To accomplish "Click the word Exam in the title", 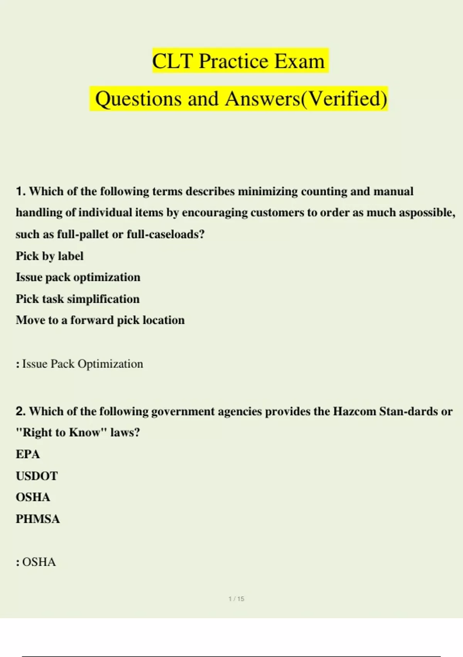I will (299, 61).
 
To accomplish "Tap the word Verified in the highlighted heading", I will (343, 99).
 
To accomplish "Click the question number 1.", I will (20, 191).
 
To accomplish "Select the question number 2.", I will (20, 411).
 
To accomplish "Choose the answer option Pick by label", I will (49, 256).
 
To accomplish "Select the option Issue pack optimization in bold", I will (78, 277).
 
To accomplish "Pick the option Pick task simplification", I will (78, 299).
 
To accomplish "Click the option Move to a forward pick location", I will (100, 320).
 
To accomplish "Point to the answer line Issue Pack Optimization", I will (82, 364).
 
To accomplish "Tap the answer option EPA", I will (28, 454).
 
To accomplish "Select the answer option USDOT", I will (37, 476).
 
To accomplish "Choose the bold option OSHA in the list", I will (33, 497).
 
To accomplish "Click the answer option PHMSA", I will (38, 519).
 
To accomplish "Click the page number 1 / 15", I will (236, 599).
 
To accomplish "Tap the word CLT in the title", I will (172, 61).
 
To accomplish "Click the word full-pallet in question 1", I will (83, 234).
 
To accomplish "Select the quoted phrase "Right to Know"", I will (61, 432).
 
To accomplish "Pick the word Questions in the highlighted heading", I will (138, 99).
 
